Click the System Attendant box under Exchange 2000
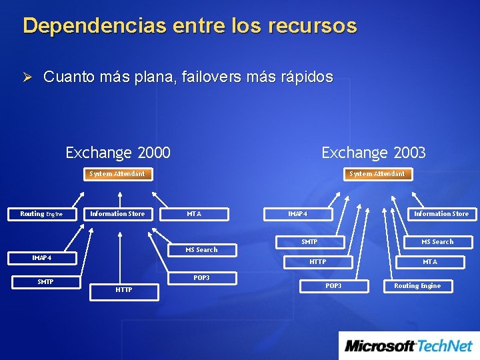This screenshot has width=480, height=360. (117, 174)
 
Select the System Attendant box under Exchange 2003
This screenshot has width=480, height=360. (377, 174)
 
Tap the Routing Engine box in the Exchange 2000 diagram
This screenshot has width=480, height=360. (41, 214)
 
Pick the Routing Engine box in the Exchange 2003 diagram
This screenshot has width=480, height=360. (417, 286)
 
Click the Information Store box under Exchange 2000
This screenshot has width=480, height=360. (117, 214)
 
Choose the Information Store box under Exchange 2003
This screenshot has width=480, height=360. (441, 214)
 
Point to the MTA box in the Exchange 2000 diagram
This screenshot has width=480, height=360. (194, 214)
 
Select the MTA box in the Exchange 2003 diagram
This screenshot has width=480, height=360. (430, 262)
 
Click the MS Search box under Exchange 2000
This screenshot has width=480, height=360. (201, 250)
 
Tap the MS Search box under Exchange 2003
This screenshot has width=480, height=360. (437, 242)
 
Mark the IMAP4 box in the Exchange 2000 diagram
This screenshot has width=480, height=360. (42, 258)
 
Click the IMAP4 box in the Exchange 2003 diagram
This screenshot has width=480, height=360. (297, 214)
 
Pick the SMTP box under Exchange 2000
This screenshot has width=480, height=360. (45, 282)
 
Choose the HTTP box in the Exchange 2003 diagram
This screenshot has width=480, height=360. (318, 262)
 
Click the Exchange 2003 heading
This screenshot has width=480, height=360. (373, 153)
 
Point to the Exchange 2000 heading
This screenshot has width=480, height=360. (118, 153)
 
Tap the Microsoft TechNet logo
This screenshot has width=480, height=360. (409, 345)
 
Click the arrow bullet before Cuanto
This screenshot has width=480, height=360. (28, 77)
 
